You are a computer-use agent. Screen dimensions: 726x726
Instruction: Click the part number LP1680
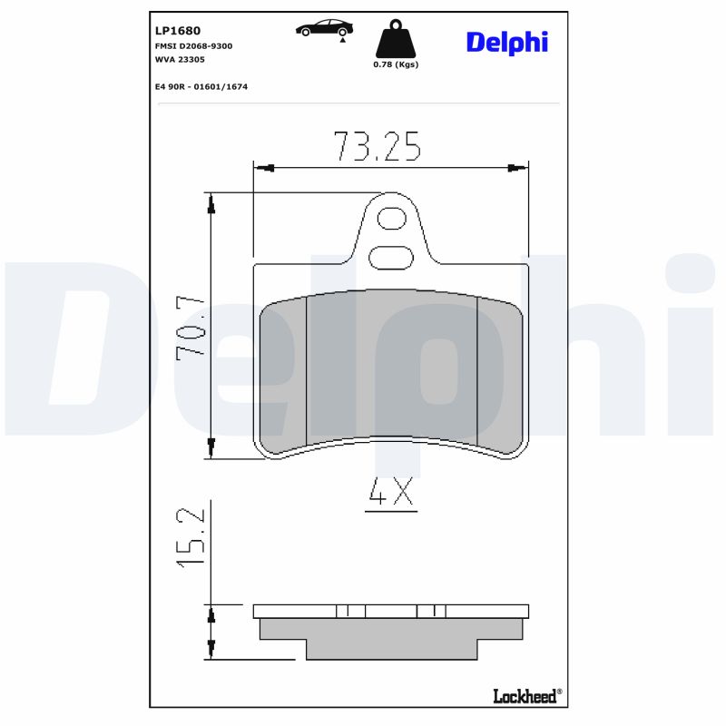178,31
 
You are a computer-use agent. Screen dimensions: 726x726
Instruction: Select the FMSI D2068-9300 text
194,45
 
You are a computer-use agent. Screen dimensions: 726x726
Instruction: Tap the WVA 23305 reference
180,59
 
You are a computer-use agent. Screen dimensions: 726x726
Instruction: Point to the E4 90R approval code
201,86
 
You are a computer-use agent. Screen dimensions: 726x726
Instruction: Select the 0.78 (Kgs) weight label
396,64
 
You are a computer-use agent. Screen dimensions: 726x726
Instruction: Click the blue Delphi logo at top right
506,42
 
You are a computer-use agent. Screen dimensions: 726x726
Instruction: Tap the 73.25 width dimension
377,146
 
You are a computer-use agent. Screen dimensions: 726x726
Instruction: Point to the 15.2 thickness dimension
191,538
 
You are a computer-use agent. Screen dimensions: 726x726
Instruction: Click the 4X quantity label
391,494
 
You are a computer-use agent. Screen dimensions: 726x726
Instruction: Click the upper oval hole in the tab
391,219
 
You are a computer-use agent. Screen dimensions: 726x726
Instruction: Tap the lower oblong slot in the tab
391,257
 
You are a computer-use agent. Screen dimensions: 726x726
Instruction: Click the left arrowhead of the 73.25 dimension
264,168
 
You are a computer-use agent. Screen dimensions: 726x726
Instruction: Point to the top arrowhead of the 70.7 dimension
211,205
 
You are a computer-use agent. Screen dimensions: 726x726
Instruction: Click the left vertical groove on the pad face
307,370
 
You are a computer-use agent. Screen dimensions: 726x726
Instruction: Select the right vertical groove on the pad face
477,370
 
